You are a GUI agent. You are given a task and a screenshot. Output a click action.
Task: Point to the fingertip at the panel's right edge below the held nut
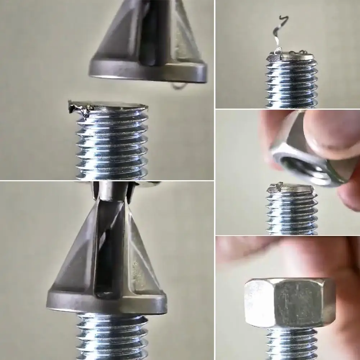tap(349, 194)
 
